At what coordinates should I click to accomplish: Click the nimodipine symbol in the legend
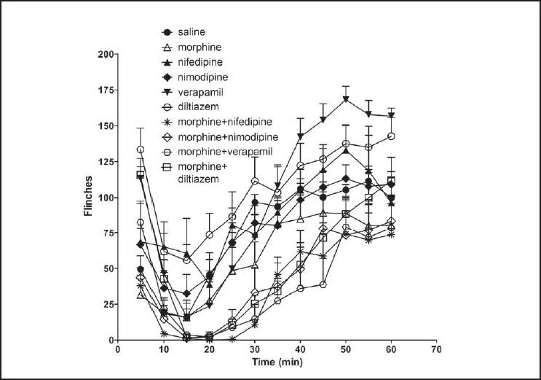pyautogui.click(x=167, y=77)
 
